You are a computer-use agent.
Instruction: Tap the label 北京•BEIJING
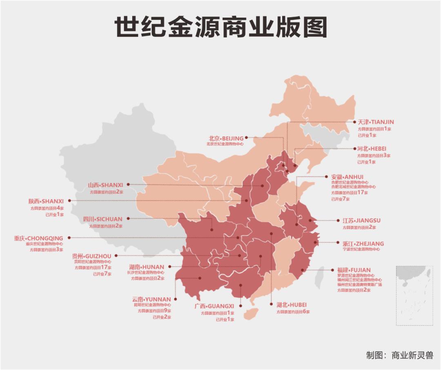point(226,138)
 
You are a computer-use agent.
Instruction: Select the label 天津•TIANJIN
point(376,122)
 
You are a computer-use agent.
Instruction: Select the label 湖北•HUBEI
point(291,305)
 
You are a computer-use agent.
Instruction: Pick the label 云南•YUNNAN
point(151,299)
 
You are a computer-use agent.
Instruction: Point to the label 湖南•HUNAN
point(147,267)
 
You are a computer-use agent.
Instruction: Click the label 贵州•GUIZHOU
point(91,256)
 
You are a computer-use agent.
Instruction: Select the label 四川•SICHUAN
point(102,219)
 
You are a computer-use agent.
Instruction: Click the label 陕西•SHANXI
point(46,201)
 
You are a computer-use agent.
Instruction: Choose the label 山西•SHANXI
point(105,185)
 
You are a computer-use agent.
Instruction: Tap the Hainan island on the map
point(250,313)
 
